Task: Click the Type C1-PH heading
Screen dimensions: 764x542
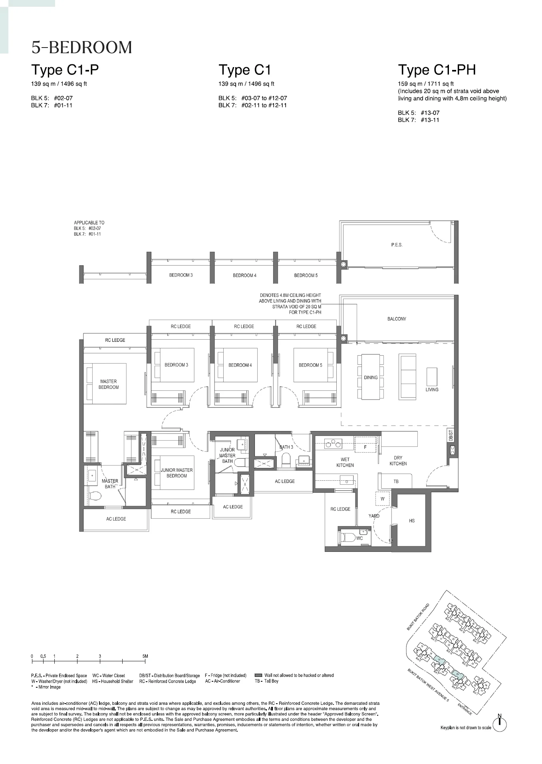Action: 437,70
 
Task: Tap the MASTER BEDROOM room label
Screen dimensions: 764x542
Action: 109,384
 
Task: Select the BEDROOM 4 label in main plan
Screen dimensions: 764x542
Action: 240,365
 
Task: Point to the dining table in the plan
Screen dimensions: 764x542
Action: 370,377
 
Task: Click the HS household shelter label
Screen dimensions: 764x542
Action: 412,521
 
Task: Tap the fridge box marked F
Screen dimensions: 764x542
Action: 365,447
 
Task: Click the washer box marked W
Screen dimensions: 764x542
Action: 382,499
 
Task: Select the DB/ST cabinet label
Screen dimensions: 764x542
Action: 450,435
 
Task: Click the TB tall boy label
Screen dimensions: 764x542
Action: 396,481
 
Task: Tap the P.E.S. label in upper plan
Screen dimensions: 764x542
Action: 397,245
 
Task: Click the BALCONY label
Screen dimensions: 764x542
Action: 397,319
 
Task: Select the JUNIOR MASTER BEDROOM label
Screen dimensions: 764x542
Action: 177,473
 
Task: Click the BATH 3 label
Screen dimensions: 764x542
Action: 286,447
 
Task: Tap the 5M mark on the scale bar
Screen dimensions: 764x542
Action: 145,656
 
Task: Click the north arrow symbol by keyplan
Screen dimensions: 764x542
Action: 500,724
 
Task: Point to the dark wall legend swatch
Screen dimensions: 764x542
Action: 258,675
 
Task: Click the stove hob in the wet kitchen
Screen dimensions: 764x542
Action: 333,444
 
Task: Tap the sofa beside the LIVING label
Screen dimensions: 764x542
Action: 407,376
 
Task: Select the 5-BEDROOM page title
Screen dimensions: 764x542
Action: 82,48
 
